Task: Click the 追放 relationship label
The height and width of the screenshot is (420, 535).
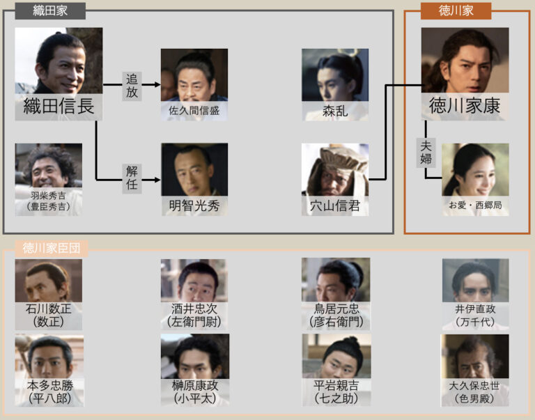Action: tap(132, 85)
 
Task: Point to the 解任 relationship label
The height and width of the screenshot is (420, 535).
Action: tap(132, 180)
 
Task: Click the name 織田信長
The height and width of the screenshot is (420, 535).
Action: tap(59, 107)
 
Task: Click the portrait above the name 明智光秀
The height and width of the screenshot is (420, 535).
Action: tap(194, 170)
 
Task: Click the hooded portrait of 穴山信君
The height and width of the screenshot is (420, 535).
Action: tap(335, 170)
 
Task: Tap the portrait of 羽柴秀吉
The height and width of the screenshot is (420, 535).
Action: tap(49, 164)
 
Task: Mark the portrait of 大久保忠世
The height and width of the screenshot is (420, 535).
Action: tap(475, 357)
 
